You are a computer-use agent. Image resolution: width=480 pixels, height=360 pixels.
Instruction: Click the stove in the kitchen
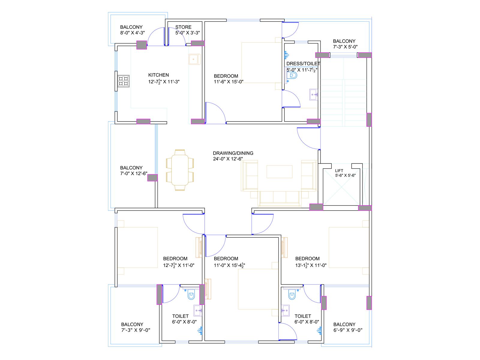tap(124, 81)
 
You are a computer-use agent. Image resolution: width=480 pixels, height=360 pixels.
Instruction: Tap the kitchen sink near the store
tap(195, 59)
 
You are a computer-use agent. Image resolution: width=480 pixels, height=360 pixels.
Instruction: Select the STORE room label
tap(183, 27)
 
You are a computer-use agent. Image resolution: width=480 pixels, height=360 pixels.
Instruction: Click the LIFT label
tap(339, 170)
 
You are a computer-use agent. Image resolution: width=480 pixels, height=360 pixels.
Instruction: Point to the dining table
tap(180, 170)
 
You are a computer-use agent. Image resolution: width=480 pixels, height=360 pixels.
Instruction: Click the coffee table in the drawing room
tap(279, 172)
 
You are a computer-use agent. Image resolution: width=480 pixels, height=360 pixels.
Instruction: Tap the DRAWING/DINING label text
tap(233, 153)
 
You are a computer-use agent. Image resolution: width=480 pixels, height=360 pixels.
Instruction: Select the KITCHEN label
tap(158, 75)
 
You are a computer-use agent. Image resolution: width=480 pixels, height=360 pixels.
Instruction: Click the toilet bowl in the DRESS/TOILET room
tap(292, 76)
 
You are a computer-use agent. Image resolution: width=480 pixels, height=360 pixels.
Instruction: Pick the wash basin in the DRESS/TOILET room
tap(313, 94)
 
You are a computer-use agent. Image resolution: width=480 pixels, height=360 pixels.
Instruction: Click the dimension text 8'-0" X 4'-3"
tap(133, 33)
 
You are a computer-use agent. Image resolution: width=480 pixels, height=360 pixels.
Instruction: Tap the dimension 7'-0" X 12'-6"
tap(133, 174)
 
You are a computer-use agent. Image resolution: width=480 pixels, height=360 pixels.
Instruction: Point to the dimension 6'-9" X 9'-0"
tap(348, 330)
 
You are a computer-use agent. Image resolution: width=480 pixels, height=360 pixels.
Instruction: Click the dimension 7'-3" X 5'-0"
tap(345, 47)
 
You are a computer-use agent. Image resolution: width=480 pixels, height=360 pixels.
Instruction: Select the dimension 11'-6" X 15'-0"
tap(229, 82)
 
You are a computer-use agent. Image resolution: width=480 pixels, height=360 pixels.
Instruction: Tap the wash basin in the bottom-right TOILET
tap(285, 310)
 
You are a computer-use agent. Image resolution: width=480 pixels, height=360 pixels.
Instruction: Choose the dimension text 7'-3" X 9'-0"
tap(136, 330)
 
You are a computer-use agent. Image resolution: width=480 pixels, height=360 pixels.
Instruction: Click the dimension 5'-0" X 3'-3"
tap(187, 33)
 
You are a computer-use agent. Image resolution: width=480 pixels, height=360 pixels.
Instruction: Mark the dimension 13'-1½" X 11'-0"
tap(311, 265)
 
